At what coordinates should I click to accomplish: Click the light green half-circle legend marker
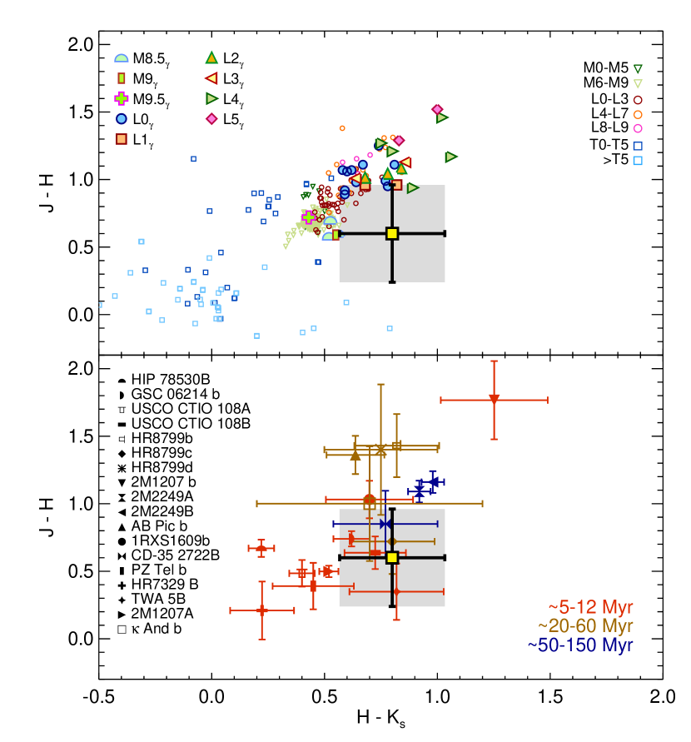[122, 58]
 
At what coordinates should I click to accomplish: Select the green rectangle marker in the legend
[122, 78]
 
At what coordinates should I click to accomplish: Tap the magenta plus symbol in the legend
[122, 98]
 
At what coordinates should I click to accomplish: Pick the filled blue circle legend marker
[122, 119]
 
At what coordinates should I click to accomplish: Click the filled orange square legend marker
[122, 139]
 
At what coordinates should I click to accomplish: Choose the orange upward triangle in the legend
[211, 57]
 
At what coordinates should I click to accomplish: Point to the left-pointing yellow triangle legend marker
[211, 78]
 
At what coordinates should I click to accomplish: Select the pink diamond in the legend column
[211, 119]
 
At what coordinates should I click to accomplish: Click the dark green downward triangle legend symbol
[638, 69]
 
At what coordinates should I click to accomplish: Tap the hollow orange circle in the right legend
[638, 115]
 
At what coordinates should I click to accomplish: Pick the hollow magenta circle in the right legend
[638, 128]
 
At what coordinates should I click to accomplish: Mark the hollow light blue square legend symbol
[638, 161]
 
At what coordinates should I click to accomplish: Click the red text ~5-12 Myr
[590, 608]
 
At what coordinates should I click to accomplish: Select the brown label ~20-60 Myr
[585, 626]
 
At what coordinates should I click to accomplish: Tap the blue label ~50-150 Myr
[580, 645]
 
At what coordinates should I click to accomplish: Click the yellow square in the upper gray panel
[392, 233]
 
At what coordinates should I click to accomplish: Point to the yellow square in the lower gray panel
[392, 557]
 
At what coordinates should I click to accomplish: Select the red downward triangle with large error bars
[494, 399]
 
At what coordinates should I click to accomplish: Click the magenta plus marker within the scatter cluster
[308, 217]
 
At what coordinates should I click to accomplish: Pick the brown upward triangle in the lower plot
[355, 455]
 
